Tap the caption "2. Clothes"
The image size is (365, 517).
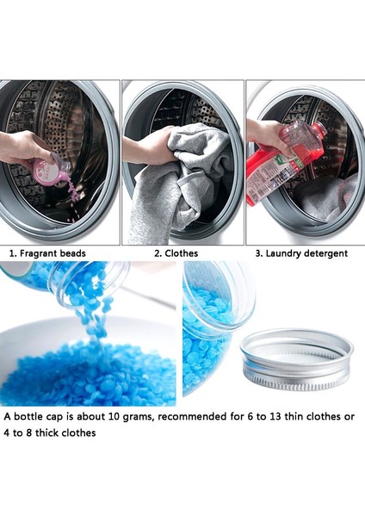click(x=176, y=253)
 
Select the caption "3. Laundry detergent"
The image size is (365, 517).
click(x=300, y=253)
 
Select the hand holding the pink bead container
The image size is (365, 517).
click(x=24, y=148)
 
